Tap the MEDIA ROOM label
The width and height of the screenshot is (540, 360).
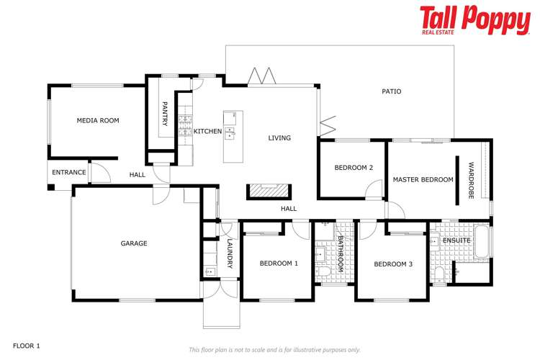pyautogui.click(x=98, y=120)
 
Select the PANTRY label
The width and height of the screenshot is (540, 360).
pyautogui.click(x=165, y=114)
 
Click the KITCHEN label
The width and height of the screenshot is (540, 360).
pyautogui.click(x=207, y=131)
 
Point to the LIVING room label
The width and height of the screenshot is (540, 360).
pyautogui.click(x=279, y=138)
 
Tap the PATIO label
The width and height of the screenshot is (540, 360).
pyautogui.click(x=391, y=91)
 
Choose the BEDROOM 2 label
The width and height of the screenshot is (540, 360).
pyautogui.click(x=354, y=168)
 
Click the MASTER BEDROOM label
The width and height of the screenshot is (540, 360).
pyautogui.click(x=423, y=179)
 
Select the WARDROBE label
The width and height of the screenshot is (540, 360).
pyautogui.click(x=471, y=180)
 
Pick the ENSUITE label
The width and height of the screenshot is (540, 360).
pyautogui.click(x=456, y=240)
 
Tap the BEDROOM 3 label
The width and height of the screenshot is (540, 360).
pyautogui.click(x=393, y=264)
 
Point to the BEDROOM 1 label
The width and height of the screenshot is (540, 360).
pyautogui.click(x=279, y=264)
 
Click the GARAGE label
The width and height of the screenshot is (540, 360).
pyautogui.click(x=134, y=243)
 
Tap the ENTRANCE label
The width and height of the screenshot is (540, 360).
pyautogui.click(x=69, y=172)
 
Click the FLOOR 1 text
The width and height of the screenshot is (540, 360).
pyautogui.click(x=27, y=346)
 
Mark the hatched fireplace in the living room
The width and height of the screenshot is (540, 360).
pyautogui.click(x=269, y=190)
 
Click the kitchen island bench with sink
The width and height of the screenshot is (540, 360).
pyautogui.click(x=230, y=136)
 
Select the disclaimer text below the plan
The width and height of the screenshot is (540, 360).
pyautogui.click(x=274, y=349)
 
